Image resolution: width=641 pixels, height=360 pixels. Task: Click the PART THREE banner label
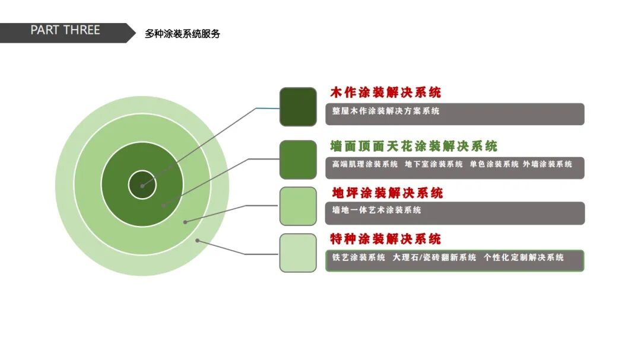[x=65, y=30]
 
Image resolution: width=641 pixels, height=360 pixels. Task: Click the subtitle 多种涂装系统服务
[x=182, y=34]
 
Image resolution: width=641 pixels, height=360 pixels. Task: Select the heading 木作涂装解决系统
[x=385, y=93]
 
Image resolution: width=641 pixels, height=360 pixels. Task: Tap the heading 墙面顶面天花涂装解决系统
[x=414, y=146]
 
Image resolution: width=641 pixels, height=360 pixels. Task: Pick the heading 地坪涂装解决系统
[x=388, y=193]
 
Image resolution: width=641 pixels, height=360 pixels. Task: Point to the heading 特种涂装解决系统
[x=385, y=239]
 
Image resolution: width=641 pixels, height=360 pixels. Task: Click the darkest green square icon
[x=298, y=107]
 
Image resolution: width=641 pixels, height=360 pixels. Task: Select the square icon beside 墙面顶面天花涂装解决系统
[x=298, y=160]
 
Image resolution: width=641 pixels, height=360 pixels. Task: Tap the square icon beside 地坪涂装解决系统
[x=298, y=206]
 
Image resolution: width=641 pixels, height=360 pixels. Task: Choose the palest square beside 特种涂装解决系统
[x=298, y=253]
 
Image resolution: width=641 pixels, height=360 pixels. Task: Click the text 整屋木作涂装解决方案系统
[x=386, y=111]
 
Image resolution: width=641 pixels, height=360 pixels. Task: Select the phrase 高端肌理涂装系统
[x=365, y=164]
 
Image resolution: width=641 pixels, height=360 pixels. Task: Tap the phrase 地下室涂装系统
[x=433, y=164]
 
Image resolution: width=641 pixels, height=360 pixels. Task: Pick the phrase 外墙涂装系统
[x=547, y=164]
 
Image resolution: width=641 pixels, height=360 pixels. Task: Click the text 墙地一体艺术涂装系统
[x=376, y=210]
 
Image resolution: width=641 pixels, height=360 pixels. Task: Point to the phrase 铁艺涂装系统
[x=358, y=257]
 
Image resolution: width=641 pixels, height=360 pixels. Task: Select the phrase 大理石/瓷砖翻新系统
[x=434, y=257]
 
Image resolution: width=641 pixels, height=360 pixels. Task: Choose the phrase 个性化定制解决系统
[x=523, y=257]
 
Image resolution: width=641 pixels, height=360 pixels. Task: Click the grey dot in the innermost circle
[x=142, y=186]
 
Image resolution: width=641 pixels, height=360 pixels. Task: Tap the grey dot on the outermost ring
[x=198, y=240]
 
